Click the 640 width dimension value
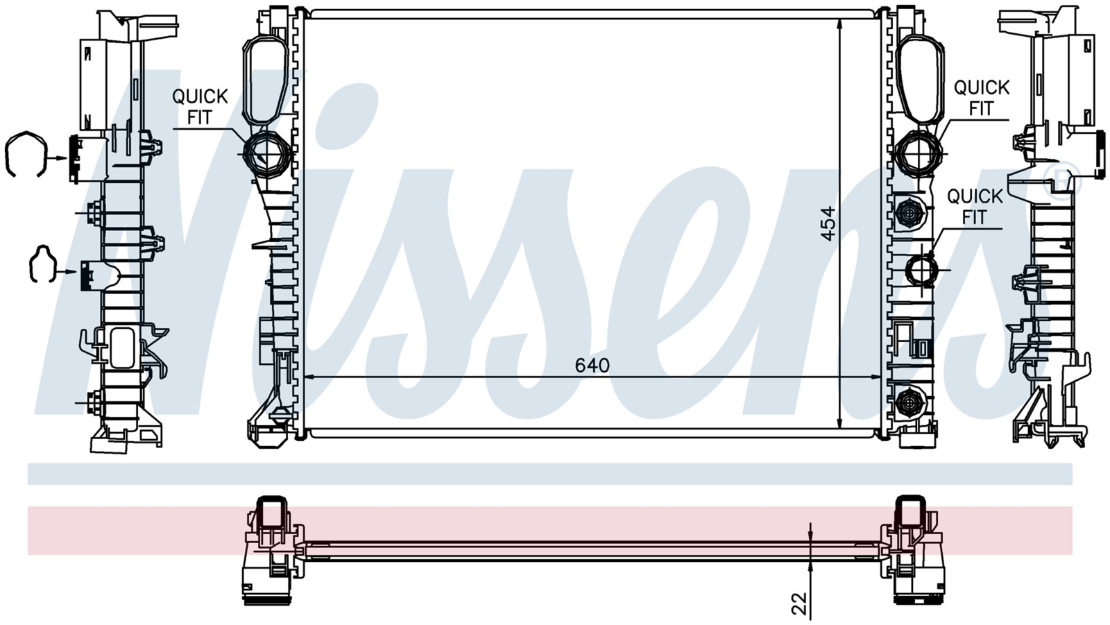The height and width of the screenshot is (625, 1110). [x=592, y=366]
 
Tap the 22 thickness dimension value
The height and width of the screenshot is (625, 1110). [x=799, y=603]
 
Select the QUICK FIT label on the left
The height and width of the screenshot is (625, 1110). [x=200, y=107]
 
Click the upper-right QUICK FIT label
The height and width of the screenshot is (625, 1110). [x=981, y=98]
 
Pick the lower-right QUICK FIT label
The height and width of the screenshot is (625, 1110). [x=974, y=207]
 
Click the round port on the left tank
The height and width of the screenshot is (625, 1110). [x=263, y=153]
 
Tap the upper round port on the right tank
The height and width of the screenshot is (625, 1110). [x=919, y=153]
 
